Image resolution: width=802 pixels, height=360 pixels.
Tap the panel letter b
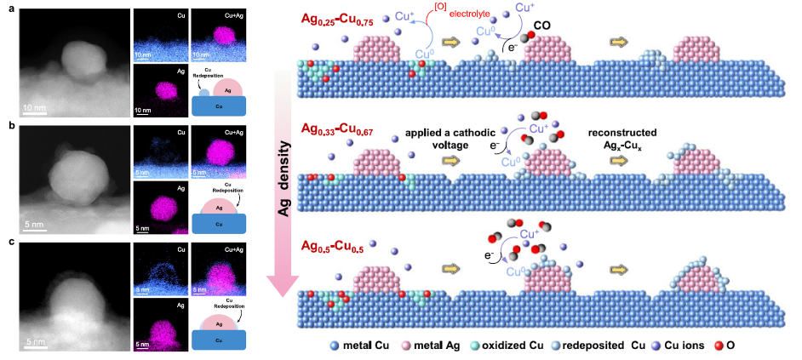click(5, 124)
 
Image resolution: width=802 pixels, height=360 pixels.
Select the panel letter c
click(5, 241)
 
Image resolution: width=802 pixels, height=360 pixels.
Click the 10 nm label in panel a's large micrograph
click(35, 107)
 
